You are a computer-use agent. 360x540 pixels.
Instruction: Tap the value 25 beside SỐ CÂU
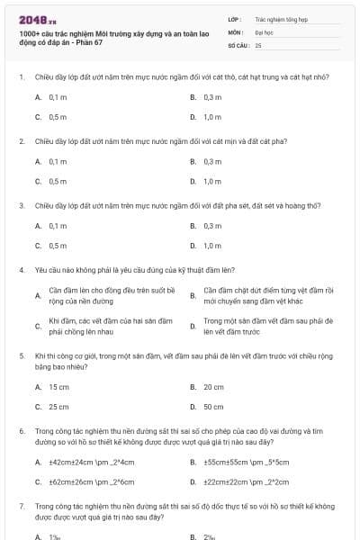coord(258,44)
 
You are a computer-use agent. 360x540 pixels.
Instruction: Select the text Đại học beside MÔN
coord(264,31)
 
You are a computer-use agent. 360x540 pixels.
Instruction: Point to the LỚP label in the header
coord(235,18)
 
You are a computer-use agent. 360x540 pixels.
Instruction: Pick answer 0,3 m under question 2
coord(212,161)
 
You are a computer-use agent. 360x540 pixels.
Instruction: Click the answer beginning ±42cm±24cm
coord(91,462)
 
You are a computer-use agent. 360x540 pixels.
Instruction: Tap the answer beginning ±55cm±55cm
coord(246,462)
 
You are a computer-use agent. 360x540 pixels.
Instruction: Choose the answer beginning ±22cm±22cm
coord(246,481)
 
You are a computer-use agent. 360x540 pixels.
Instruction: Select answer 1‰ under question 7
coord(55,536)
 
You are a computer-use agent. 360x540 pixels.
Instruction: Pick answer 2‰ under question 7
coord(210,536)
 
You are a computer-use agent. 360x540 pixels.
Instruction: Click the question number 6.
coord(20,431)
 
